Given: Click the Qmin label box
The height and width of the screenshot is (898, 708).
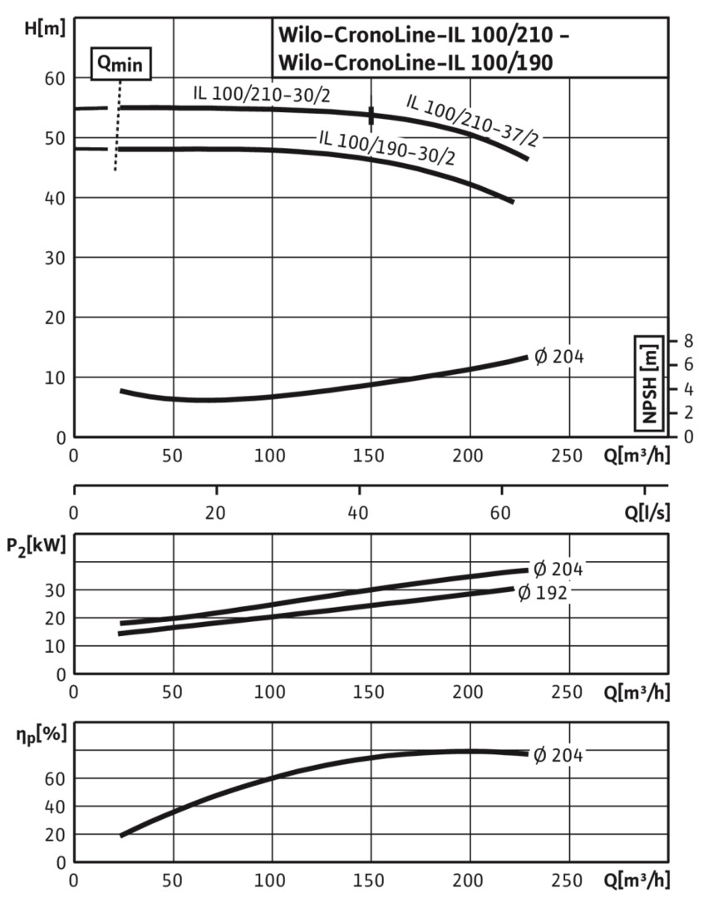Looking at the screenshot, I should point(121,63).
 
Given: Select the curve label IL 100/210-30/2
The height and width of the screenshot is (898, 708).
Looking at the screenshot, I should point(262,94).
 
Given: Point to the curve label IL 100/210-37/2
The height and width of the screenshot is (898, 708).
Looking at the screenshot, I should point(471,121).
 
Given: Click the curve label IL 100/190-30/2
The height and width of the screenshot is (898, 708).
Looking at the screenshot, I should point(386,146).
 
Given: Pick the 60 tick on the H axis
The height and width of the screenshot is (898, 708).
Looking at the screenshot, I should point(55,78).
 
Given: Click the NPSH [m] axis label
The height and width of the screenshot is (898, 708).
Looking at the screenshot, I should point(649,383).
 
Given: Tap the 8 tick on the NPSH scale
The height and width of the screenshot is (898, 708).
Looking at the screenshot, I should point(686,340).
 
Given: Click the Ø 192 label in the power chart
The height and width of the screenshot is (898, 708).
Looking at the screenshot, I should point(542,593).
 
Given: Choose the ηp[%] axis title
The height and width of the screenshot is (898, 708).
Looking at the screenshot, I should point(37,735).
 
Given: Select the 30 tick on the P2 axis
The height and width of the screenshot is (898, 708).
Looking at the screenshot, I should point(55,590).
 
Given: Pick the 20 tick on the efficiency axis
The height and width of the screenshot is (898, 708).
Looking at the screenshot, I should point(55,834).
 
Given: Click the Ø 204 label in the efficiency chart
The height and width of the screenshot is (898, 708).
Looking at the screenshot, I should point(558,756).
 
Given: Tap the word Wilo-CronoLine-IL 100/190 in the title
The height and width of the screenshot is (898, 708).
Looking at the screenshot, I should point(415,62).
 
